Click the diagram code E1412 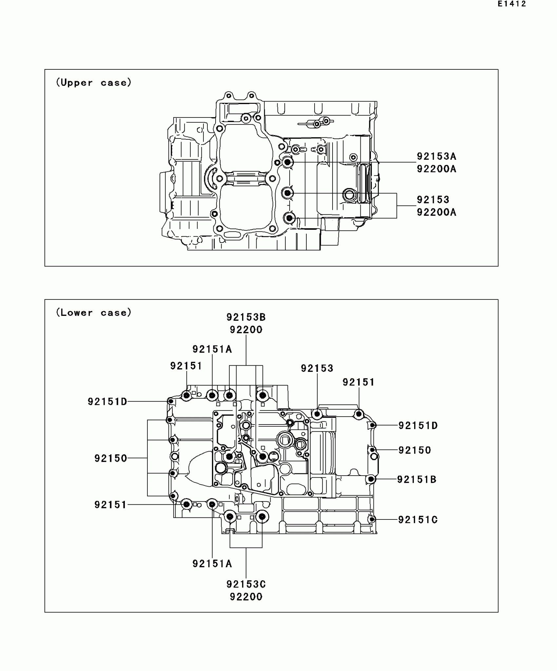click(x=511, y=4)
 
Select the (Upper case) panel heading click(x=94, y=82)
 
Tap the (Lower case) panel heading click(x=94, y=313)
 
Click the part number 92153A click(x=436, y=156)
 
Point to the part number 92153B click(x=246, y=317)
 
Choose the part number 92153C click(x=246, y=584)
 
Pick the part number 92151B click(x=417, y=480)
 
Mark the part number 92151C click(x=418, y=520)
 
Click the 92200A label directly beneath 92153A click(x=436, y=169)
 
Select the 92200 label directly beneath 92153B click(x=246, y=330)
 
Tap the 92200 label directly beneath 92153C click(x=246, y=597)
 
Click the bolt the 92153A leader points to click(x=287, y=162)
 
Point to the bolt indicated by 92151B click(x=371, y=480)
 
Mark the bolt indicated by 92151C click(x=372, y=519)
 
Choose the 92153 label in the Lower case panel click(x=317, y=369)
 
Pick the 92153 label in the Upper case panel click(x=433, y=200)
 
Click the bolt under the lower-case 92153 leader click(x=317, y=414)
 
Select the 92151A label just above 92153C click(x=212, y=564)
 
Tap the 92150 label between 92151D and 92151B click(x=414, y=450)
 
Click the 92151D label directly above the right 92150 click(x=418, y=426)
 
